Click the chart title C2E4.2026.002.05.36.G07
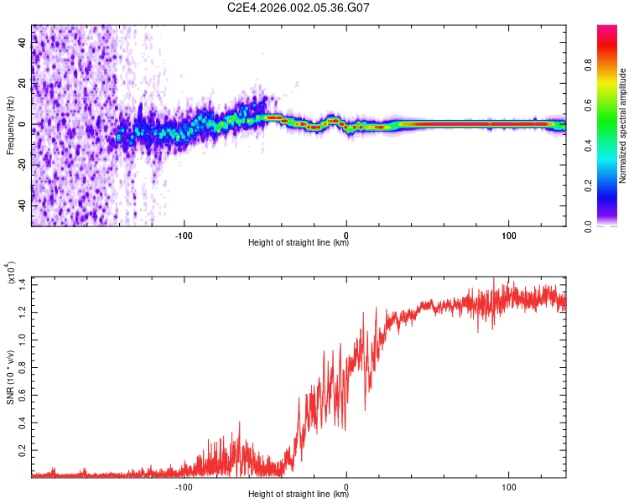point(299,8)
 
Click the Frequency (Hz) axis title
point(10,126)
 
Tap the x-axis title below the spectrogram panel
point(299,243)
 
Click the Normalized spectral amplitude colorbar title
point(623,126)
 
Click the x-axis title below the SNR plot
point(299,495)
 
